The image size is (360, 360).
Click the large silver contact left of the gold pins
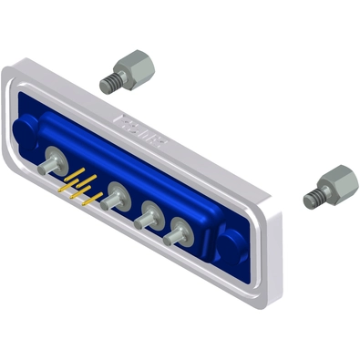(54, 159)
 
